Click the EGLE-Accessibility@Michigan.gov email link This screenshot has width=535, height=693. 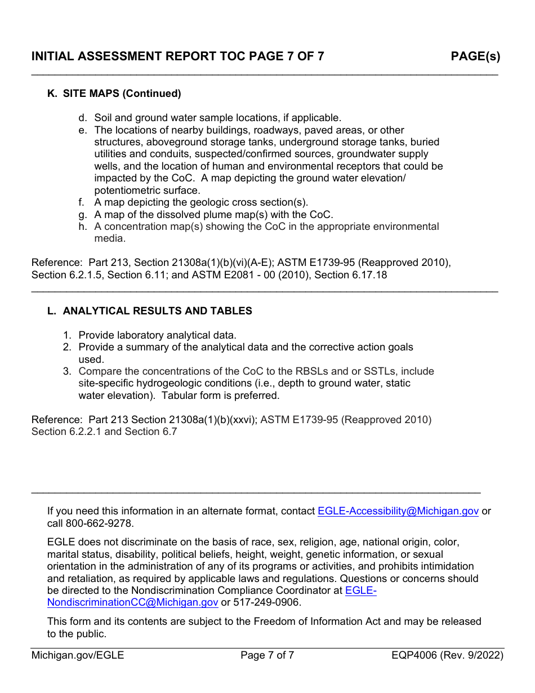pos(398,511)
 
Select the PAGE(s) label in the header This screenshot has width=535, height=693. pos(475,56)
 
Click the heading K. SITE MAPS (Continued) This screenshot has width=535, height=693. pos(114,94)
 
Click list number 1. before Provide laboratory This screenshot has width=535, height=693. pos(67,335)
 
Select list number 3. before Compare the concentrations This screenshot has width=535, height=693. pos(67,371)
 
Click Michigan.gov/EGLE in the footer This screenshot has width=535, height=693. pos(78,655)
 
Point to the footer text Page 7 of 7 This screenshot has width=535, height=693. pos(267,655)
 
